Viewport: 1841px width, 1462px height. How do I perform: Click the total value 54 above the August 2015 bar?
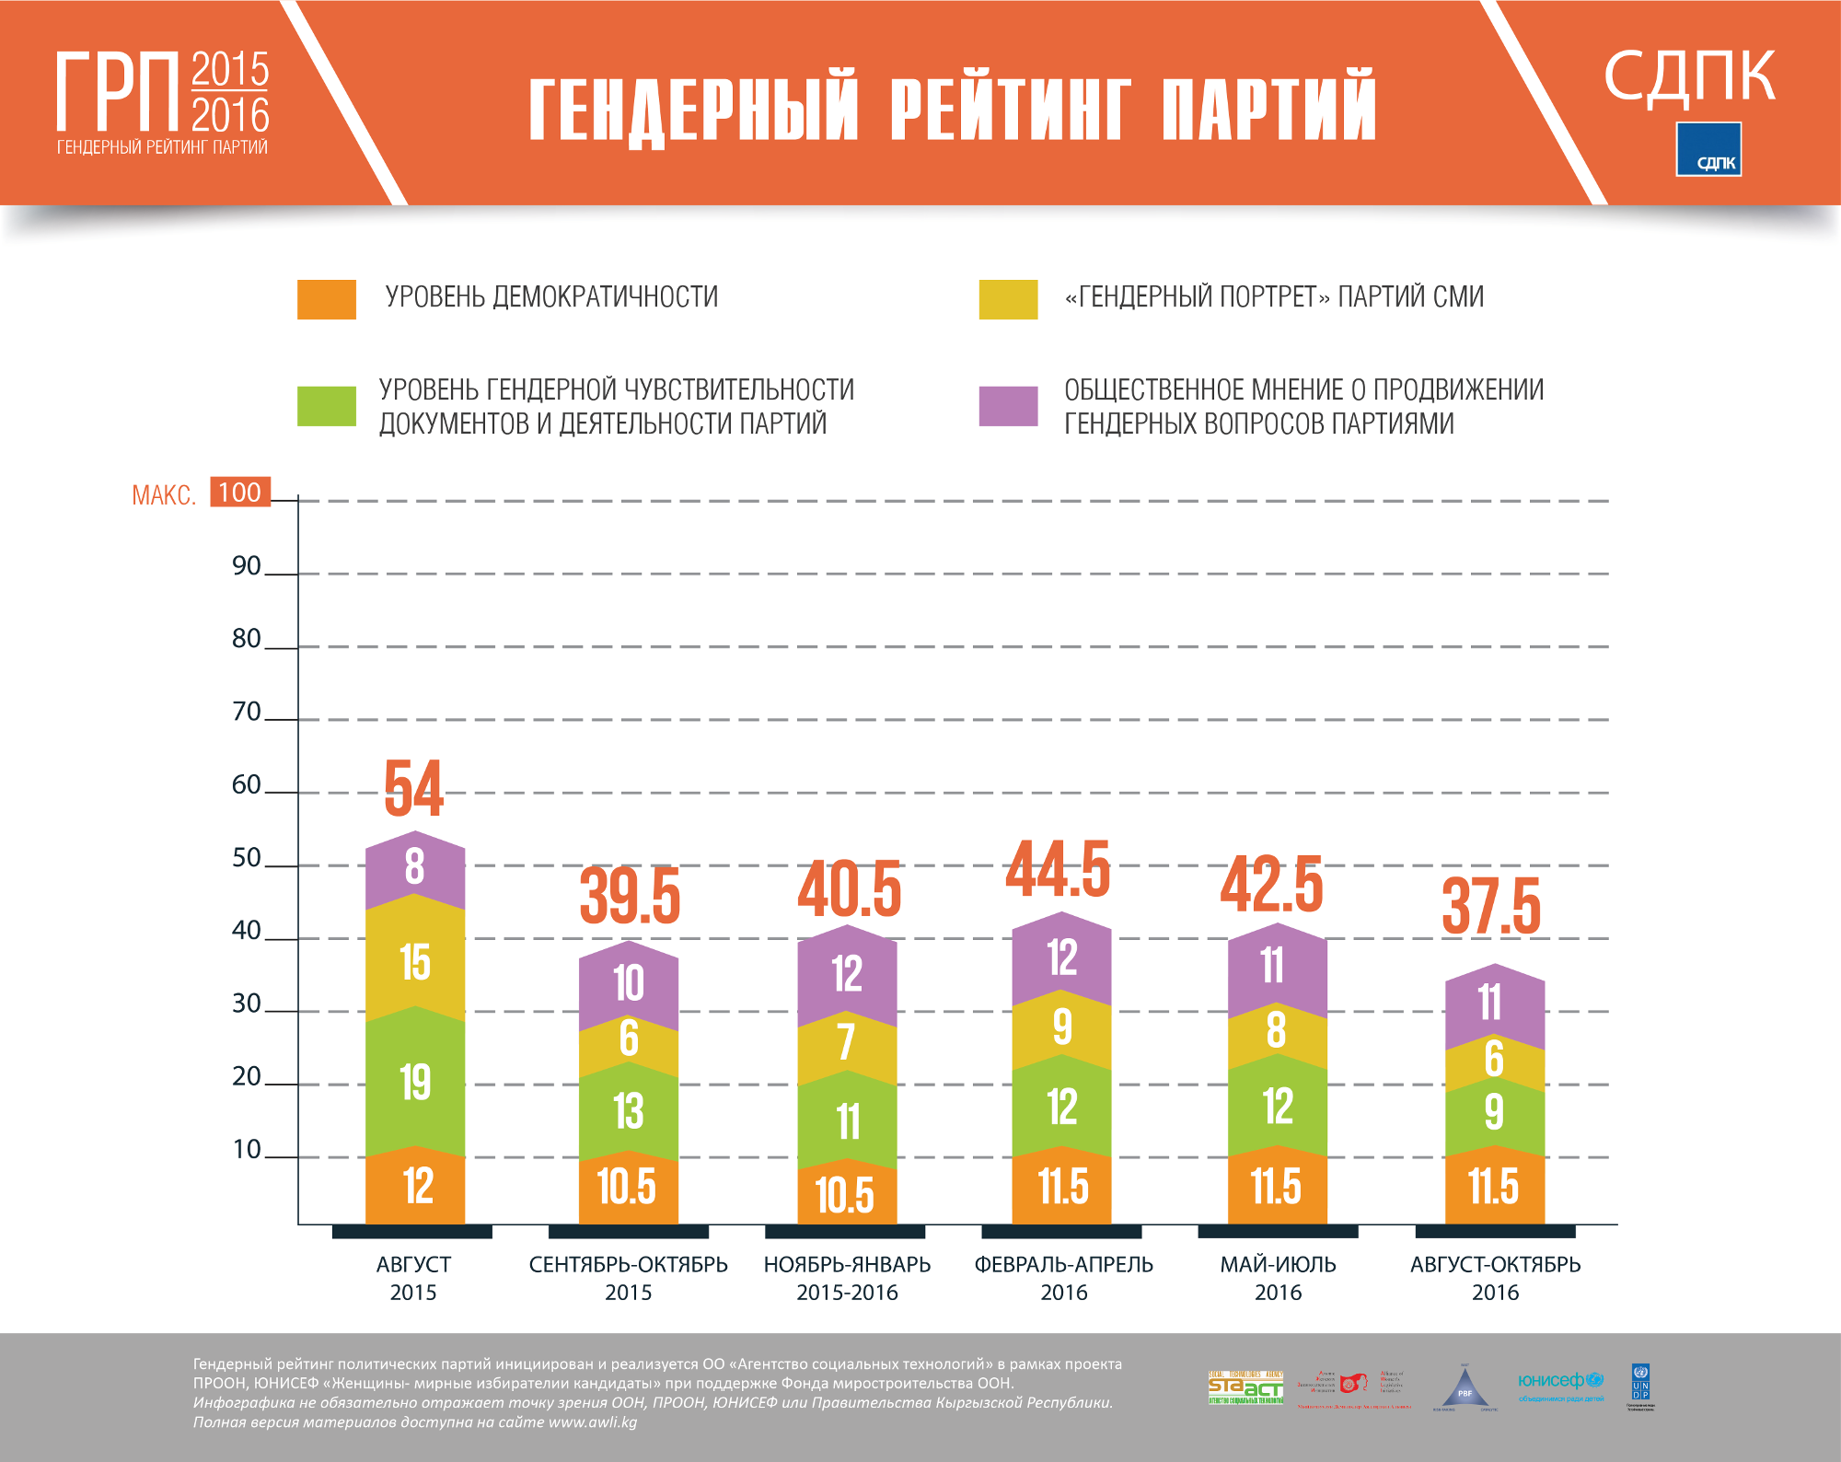pyautogui.click(x=413, y=789)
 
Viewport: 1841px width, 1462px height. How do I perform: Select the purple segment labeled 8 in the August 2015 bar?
pyautogui.click(x=415, y=866)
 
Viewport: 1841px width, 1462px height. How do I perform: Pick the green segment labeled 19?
pyautogui.click(x=415, y=1082)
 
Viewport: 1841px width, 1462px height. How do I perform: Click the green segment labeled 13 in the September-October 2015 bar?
pyautogui.click(x=629, y=1111)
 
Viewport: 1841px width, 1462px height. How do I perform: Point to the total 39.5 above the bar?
pyautogui.click(x=630, y=896)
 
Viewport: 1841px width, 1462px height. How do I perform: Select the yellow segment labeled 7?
pyautogui.click(x=847, y=1043)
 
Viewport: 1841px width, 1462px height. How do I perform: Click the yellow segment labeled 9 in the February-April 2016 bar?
pyautogui.click(x=1062, y=1026)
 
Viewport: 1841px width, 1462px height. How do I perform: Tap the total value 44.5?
pyautogui.click(x=1059, y=869)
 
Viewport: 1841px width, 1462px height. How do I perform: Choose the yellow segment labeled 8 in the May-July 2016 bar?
pyautogui.click(x=1277, y=1029)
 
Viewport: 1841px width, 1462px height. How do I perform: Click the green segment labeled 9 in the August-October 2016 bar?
pyautogui.click(x=1494, y=1112)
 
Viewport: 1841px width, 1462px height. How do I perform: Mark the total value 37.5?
pyautogui.click(x=1491, y=907)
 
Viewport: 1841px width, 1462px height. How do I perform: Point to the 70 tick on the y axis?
pyautogui.click(x=247, y=712)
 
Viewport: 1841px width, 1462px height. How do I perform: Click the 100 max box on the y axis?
pyautogui.click(x=240, y=493)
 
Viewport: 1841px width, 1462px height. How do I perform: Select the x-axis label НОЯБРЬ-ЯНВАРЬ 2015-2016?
pyautogui.click(x=847, y=1278)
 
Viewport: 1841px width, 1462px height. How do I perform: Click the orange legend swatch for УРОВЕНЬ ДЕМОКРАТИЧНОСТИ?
pyautogui.click(x=327, y=299)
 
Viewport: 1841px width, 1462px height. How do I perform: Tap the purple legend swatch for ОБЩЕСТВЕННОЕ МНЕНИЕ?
pyautogui.click(x=1008, y=406)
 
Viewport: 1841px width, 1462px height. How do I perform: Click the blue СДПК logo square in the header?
pyautogui.click(x=1708, y=149)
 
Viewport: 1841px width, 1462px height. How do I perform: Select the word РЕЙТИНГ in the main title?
pyautogui.click(x=1010, y=109)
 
